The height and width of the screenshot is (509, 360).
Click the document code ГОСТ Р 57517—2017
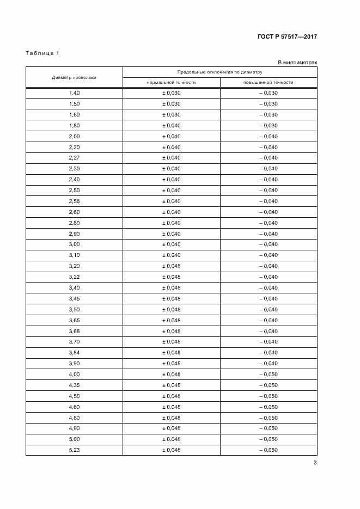click(x=287, y=37)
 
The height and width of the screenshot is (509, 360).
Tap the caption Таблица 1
click(x=42, y=53)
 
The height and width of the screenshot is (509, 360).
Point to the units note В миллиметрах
click(x=297, y=63)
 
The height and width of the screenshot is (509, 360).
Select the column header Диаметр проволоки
click(x=74, y=77)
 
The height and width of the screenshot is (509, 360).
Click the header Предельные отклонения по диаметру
click(x=219, y=72)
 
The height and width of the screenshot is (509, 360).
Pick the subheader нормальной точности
click(x=171, y=83)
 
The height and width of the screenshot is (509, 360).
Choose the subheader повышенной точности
click(x=269, y=83)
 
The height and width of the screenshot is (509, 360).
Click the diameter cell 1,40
click(x=74, y=93)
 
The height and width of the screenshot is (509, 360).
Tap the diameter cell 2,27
click(x=74, y=158)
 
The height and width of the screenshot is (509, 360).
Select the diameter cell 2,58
click(x=74, y=201)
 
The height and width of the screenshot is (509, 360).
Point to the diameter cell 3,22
click(x=74, y=277)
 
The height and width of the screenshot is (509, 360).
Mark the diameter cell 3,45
click(x=74, y=299)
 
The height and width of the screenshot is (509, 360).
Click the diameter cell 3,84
click(x=74, y=353)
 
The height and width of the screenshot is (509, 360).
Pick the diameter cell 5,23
click(x=74, y=450)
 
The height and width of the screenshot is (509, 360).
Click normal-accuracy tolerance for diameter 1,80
click(x=171, y=126)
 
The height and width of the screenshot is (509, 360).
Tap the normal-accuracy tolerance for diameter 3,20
click(x=171, y=266)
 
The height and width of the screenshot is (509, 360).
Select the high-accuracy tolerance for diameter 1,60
click(x=269, y=115)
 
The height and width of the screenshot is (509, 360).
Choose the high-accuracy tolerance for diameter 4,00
click(x=269, y=375)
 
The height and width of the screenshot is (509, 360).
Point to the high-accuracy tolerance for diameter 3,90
click(x=269, y=364)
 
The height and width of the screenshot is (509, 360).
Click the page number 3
click(x=315, y=463)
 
